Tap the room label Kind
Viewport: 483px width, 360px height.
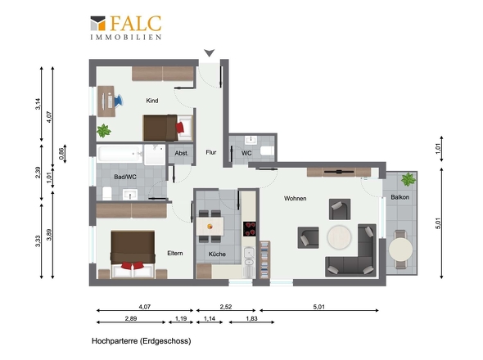151,101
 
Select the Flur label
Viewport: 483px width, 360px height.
210,152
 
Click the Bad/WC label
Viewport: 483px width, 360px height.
114,177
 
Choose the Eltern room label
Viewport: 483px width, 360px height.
174,253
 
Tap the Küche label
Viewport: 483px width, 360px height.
217,254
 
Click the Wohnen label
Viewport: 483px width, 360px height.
296,199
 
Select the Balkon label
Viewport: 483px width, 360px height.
400,197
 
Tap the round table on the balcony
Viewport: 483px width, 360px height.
401,248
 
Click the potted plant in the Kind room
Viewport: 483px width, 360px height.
104,130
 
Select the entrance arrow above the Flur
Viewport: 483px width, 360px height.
210,54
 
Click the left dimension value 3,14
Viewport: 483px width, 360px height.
39,106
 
